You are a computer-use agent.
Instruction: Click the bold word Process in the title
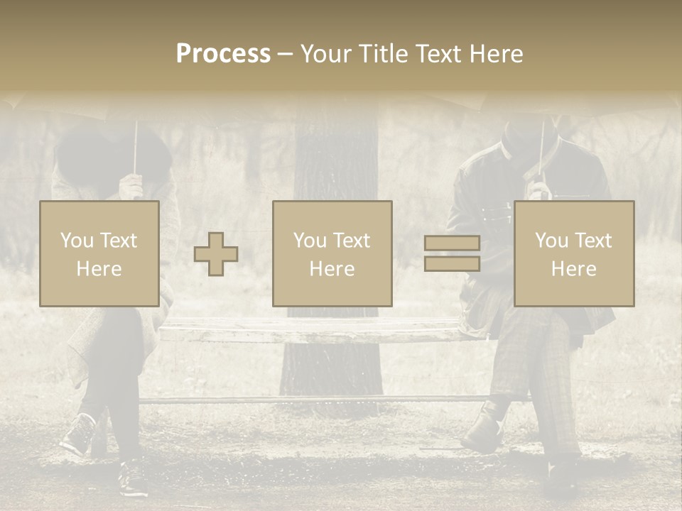[223, 54]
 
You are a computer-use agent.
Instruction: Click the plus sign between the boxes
[216, 254]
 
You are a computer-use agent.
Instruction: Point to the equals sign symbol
[452, 253]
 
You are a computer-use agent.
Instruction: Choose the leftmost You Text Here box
[99, 253]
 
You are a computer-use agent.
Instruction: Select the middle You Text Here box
[332, 253]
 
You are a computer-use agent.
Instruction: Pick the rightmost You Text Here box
[574, 253]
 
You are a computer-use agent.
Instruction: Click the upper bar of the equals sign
[452, 243]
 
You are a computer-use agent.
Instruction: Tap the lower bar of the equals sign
[452, 264]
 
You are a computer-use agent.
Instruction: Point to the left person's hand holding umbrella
[131, 187]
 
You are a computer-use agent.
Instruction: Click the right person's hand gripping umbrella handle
[540, 189]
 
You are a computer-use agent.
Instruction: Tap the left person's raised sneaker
[78, 434]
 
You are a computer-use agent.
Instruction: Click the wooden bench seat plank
[313, 331]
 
